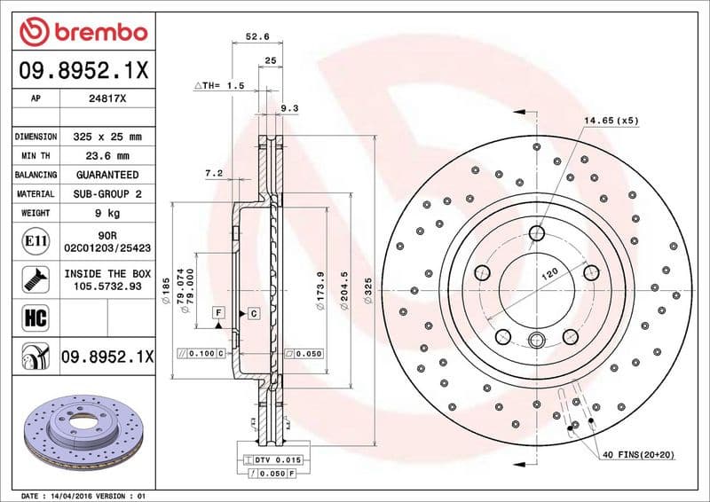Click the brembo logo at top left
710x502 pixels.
click(x=82, y=33)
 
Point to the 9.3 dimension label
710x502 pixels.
click(x=288, y=107)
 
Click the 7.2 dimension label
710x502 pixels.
click(x=213, y=174)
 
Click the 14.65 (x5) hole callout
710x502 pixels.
click(x=611, y=119)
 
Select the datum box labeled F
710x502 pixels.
click(x=217, y=313)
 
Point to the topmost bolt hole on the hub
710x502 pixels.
click(x=536, y=233)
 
